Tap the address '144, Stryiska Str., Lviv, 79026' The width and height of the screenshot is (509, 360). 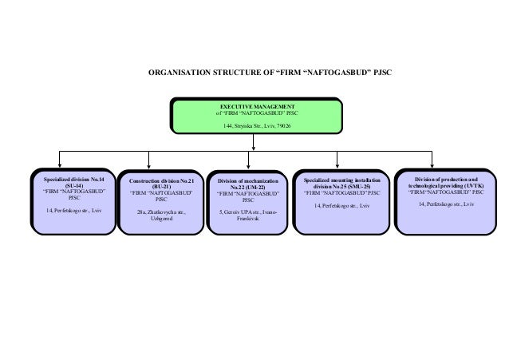pos(257,126)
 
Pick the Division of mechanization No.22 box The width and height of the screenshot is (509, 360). pos(247,203)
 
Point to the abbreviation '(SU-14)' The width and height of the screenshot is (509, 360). pos(73,186)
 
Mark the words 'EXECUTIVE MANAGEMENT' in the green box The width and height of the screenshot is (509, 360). pos(257,106)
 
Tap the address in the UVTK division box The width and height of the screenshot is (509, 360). pos(448,205)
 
